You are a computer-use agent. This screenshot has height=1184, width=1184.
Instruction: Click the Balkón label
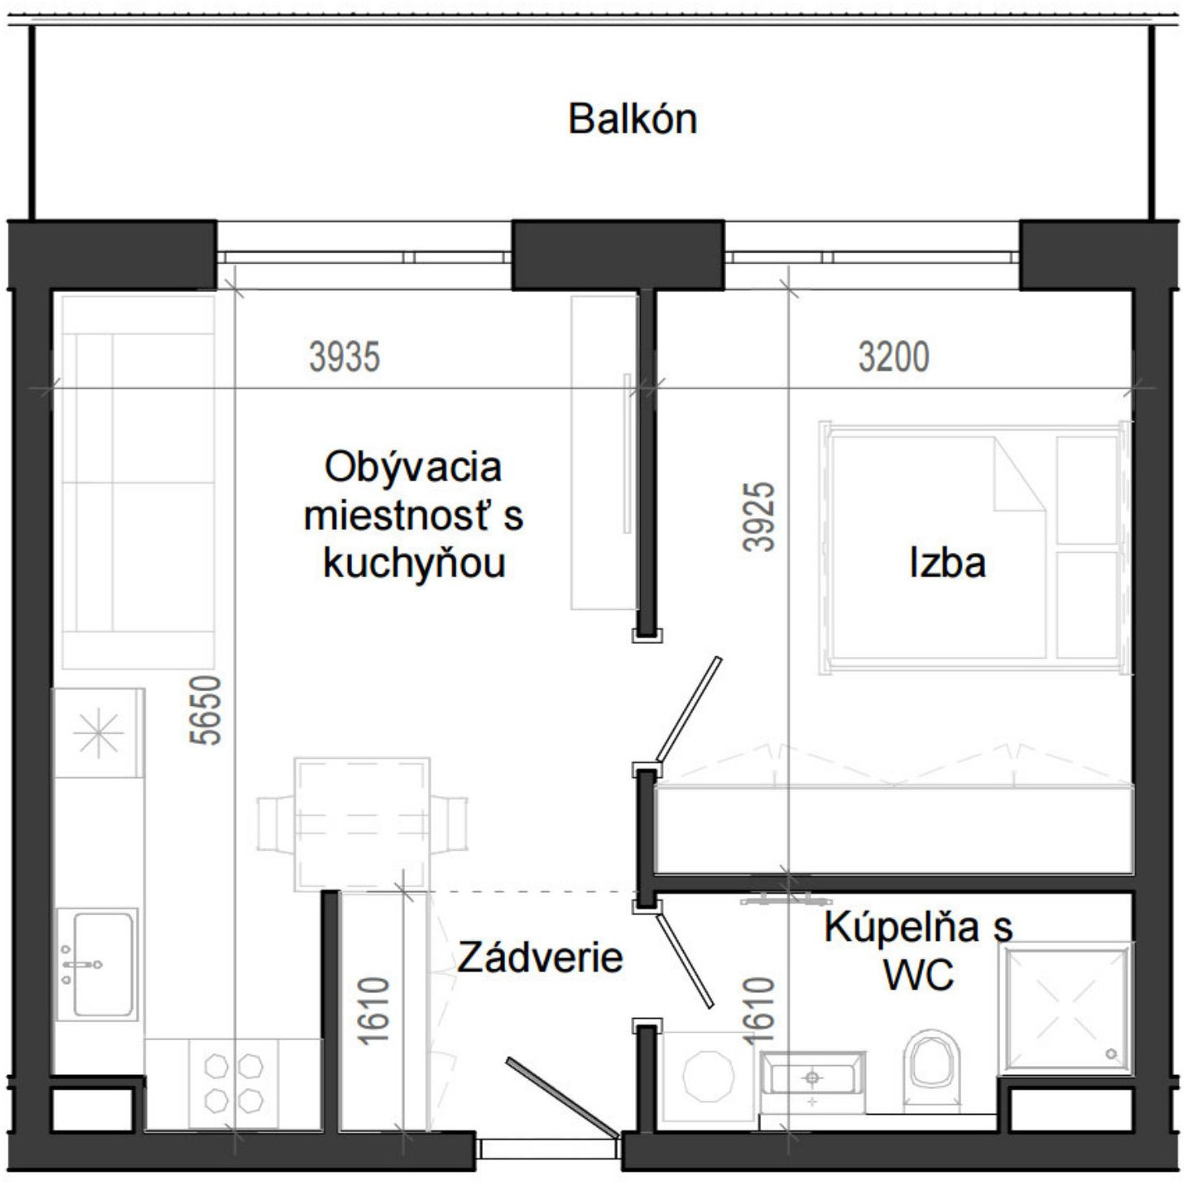(x=632, y=119)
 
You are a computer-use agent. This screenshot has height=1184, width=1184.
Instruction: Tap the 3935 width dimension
(x=344, y=357)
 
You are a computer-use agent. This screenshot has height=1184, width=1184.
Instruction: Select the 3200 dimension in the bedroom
(x=893, y=357)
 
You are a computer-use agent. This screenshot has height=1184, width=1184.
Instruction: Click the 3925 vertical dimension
(x=760, y=517)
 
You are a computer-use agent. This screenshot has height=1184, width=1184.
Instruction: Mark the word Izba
(x=947, y=563)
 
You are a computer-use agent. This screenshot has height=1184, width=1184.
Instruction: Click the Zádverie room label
(x=539, y=957)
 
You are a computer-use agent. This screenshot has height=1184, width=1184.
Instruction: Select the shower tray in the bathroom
(x=1067, y=1008)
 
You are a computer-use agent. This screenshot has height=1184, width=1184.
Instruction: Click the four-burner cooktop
(x=234, y=1083)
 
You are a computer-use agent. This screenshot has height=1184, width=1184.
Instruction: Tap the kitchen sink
(x=96, y=964)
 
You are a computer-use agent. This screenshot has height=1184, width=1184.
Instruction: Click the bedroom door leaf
(x=689, y=707)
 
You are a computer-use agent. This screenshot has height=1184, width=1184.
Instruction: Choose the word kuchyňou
(x=414, y=563)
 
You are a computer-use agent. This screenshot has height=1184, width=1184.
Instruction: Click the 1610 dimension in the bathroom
(x=760, y=1011)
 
